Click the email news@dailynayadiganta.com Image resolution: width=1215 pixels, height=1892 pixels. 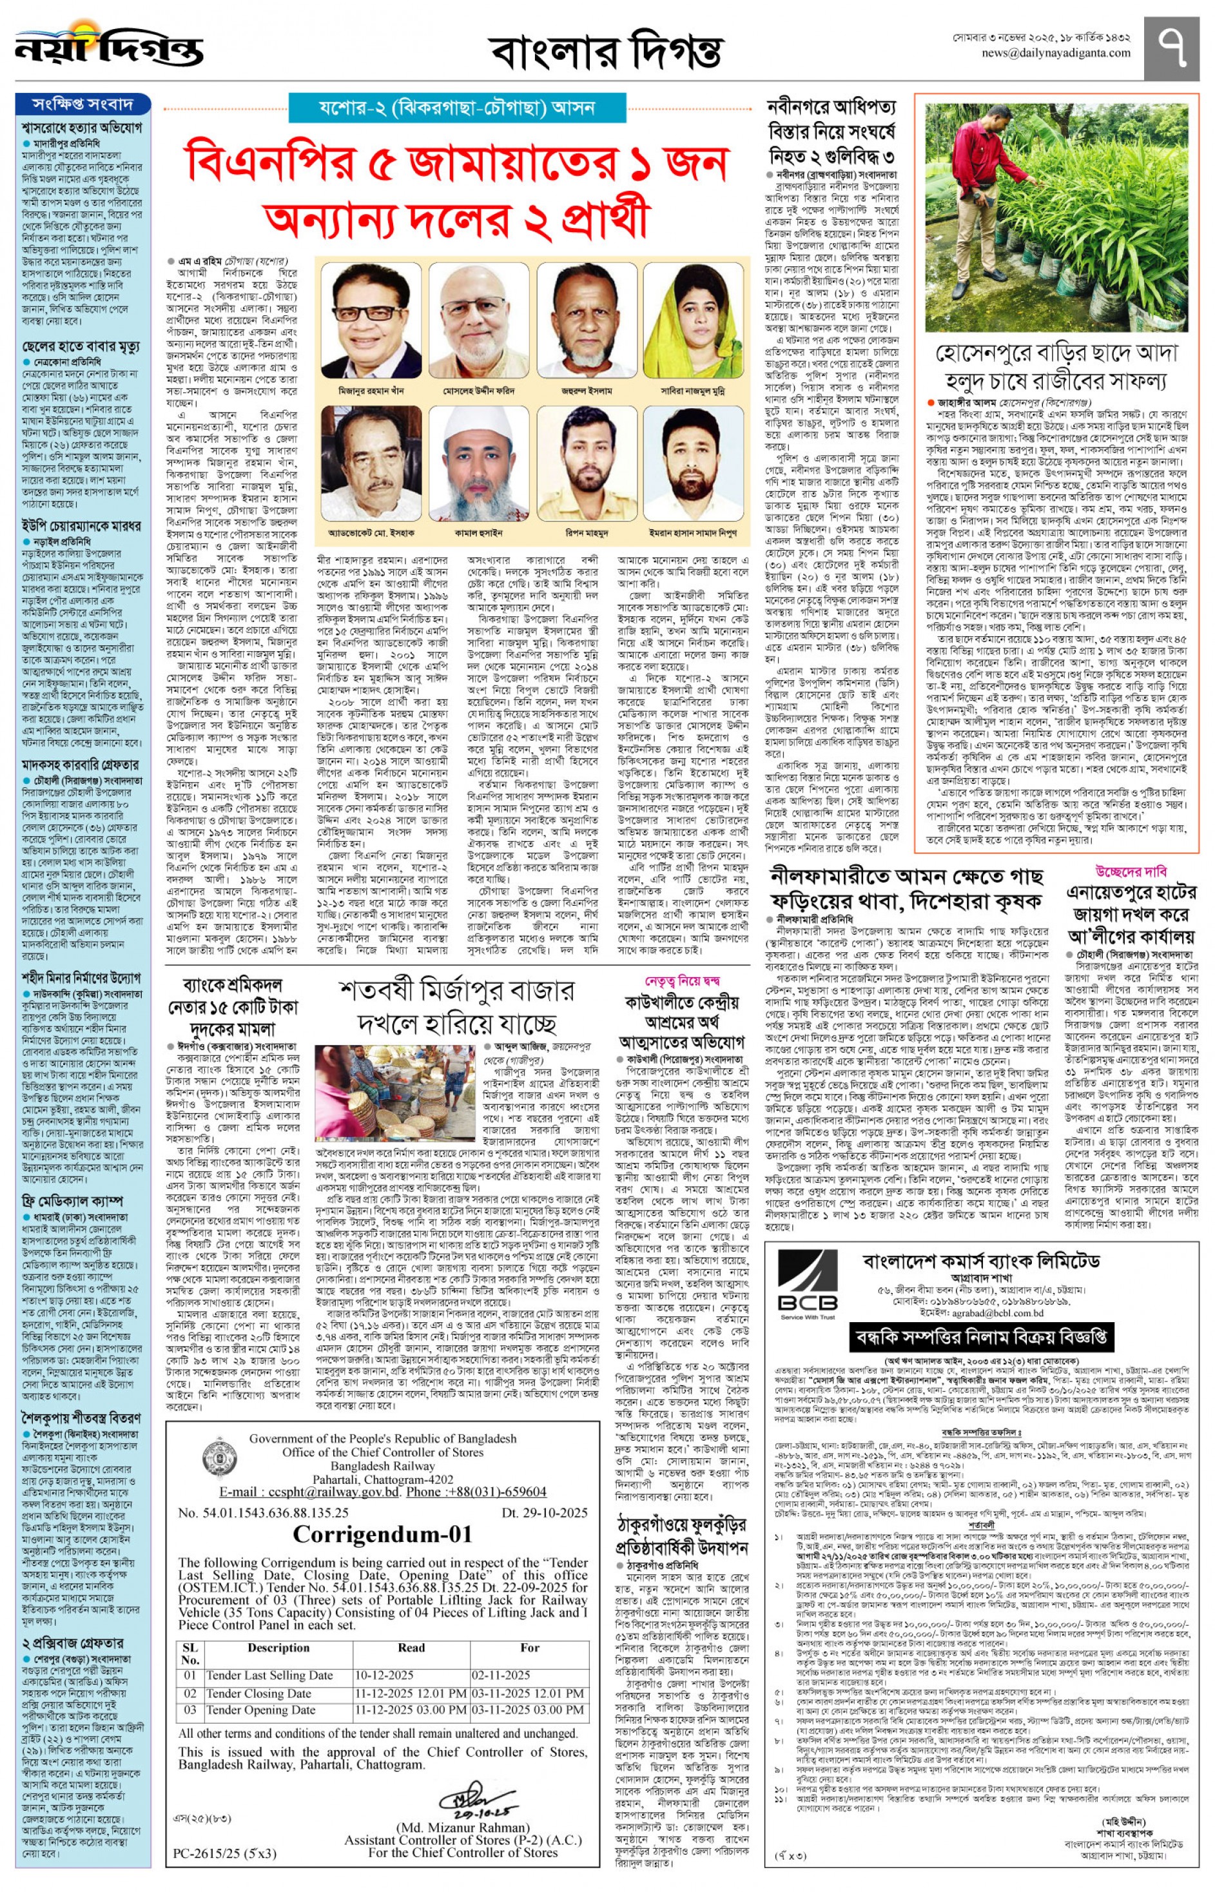pyautogui.click(x=1056, y=54)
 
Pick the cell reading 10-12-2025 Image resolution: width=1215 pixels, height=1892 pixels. pyautogui.click(x=384, y=1674)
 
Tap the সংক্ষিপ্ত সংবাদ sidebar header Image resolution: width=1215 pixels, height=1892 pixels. pyautogui.click(x=82, y=104)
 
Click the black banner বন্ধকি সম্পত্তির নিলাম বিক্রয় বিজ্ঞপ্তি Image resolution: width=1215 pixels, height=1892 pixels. pyautogui.click(x=980, y=1336)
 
